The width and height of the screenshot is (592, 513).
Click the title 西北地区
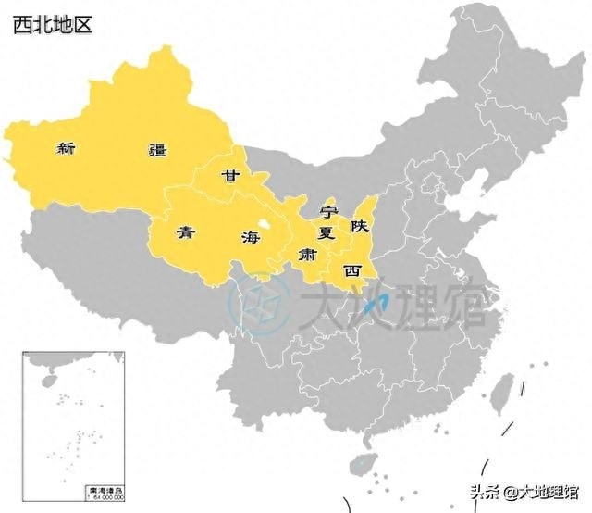pyautogui.click(x=53, y=24)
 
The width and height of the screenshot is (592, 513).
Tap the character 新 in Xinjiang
pyautogui.click(x=66, y=147)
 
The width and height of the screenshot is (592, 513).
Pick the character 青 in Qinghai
pyautogui.click(x=187, y=231)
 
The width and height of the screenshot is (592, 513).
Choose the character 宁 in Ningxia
pyautogui.click(x=329, y=211)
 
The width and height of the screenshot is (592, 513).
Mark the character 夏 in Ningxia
pyautogui.click(x=326, y=231)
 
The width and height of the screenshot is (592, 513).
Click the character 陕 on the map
pyautogui.click(x=359, y=225)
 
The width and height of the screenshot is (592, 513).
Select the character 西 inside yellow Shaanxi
pyautogui.click(x=351, y=270)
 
